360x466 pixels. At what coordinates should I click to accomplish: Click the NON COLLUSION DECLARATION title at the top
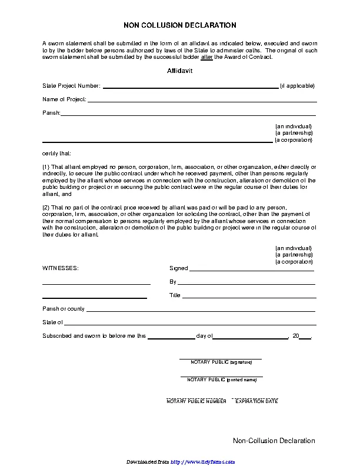click(180, 25)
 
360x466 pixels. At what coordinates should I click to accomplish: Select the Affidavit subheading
click(180, 71)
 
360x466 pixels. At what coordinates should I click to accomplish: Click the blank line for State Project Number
click(191, 87)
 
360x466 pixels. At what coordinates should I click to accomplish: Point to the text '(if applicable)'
click(297, 86)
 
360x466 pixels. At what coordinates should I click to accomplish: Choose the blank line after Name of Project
click(202, 101)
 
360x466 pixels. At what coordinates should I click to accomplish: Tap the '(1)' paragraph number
click(46, 167)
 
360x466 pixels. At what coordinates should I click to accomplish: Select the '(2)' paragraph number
click(46, 208)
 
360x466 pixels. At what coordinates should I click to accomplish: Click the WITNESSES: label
click(60, 268)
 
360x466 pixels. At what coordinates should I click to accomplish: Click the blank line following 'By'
click(247, 284)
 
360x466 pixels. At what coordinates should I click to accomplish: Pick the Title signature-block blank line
click(249, 297)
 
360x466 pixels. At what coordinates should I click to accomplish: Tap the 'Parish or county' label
click(64, 309)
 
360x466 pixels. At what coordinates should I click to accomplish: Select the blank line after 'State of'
click(190, 324)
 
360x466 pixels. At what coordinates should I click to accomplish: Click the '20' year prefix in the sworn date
click(295, 336)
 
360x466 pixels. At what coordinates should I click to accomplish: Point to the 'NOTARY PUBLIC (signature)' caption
click(221, 362)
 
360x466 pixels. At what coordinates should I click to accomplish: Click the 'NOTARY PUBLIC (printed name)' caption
click(222, 380)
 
